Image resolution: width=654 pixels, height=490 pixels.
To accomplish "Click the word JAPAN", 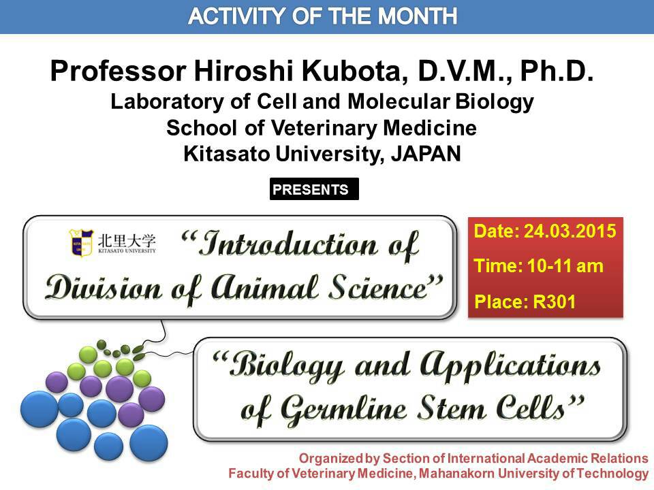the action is click(426, 154).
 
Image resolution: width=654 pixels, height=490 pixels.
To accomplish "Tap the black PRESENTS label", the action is click(314, 189).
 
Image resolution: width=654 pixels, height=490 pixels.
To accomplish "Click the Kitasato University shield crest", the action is click(81, 242).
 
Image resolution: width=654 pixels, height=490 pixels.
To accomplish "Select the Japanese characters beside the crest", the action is click(127, 240).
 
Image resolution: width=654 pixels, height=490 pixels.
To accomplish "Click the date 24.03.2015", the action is click(570, 231).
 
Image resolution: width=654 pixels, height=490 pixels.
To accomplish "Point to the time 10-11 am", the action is click(565, 266).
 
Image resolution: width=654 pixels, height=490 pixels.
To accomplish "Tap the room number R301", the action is click(554, 301).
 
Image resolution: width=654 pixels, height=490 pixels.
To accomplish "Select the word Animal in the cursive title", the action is click(264, 288).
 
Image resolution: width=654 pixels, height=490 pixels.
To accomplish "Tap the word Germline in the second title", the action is click(343, 410).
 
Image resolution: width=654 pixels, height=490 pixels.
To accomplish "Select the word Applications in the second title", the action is click(510, 366).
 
